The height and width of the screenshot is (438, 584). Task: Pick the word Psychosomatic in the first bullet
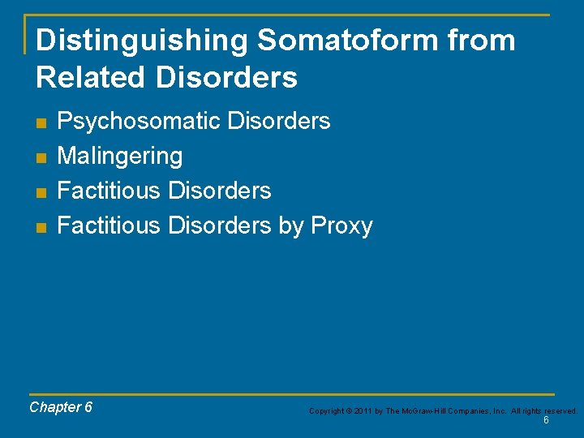click(140, 122)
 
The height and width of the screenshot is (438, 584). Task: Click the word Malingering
click(120, 156)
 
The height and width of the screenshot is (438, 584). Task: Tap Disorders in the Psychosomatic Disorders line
click(279, 122)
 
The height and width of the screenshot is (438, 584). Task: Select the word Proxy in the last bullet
click(341, 225)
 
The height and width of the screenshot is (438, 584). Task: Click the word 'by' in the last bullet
click(290, 225)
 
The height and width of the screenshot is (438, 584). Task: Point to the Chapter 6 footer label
click(61, 407)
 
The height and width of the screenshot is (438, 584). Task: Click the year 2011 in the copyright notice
click(362, 411)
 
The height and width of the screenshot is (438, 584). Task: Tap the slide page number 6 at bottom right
click(546, 420)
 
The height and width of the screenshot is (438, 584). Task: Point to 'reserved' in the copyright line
click(559, 411)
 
